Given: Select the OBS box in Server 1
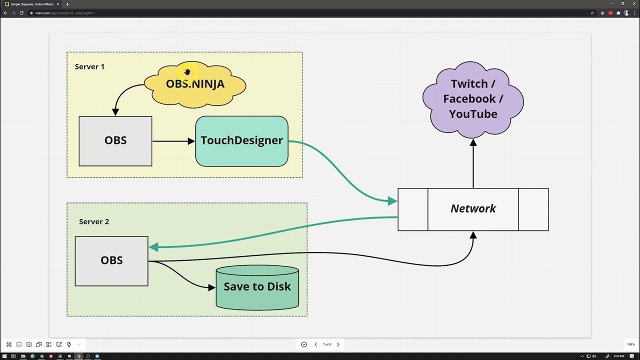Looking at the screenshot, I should click(x=115, y=141).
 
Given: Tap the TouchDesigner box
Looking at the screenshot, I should click(x=242, y=141).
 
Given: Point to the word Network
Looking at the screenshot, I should click(x=473, y=209).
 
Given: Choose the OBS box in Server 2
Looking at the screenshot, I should click(x=111, y=261).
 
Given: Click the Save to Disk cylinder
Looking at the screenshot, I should click(x=257, y=287).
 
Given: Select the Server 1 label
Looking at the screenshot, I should click(x=89, y=66).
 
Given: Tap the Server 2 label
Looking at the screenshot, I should click(x=94, y=221).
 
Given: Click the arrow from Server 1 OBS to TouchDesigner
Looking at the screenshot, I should click(x=173, y=141).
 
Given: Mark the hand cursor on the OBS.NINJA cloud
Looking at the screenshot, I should click(x=187, y=72).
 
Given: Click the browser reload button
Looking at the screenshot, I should click(x=21, y=13).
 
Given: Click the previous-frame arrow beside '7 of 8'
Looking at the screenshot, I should click(x=316, y=344).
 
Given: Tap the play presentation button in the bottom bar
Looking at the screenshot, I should click(x=304, y=344).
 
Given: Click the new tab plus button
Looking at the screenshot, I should click(x=67, y=4).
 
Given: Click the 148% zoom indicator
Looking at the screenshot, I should click(x=630, y=344).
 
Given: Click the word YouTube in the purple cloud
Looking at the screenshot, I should click(x=473, y=114).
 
